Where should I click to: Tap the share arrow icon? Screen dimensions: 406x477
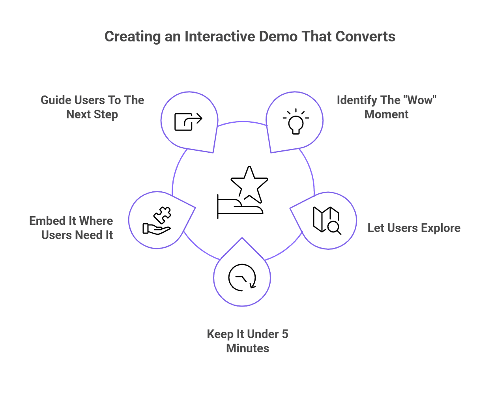coord(188,121)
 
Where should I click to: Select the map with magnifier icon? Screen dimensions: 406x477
coord(326,220)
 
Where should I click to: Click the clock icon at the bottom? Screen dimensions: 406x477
coord(242,278)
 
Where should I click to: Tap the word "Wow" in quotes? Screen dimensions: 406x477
coord(420,100)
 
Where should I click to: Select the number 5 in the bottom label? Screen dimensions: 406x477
coord(284,334)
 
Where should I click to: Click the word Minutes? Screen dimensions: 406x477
coord(247,348)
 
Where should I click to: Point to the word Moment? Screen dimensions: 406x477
coord(386,114)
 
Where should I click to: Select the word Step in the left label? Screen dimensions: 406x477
coord(105,115)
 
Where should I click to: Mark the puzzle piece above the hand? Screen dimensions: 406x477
coord(163,214)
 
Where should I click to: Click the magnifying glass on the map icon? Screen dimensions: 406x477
coord(335,228)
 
